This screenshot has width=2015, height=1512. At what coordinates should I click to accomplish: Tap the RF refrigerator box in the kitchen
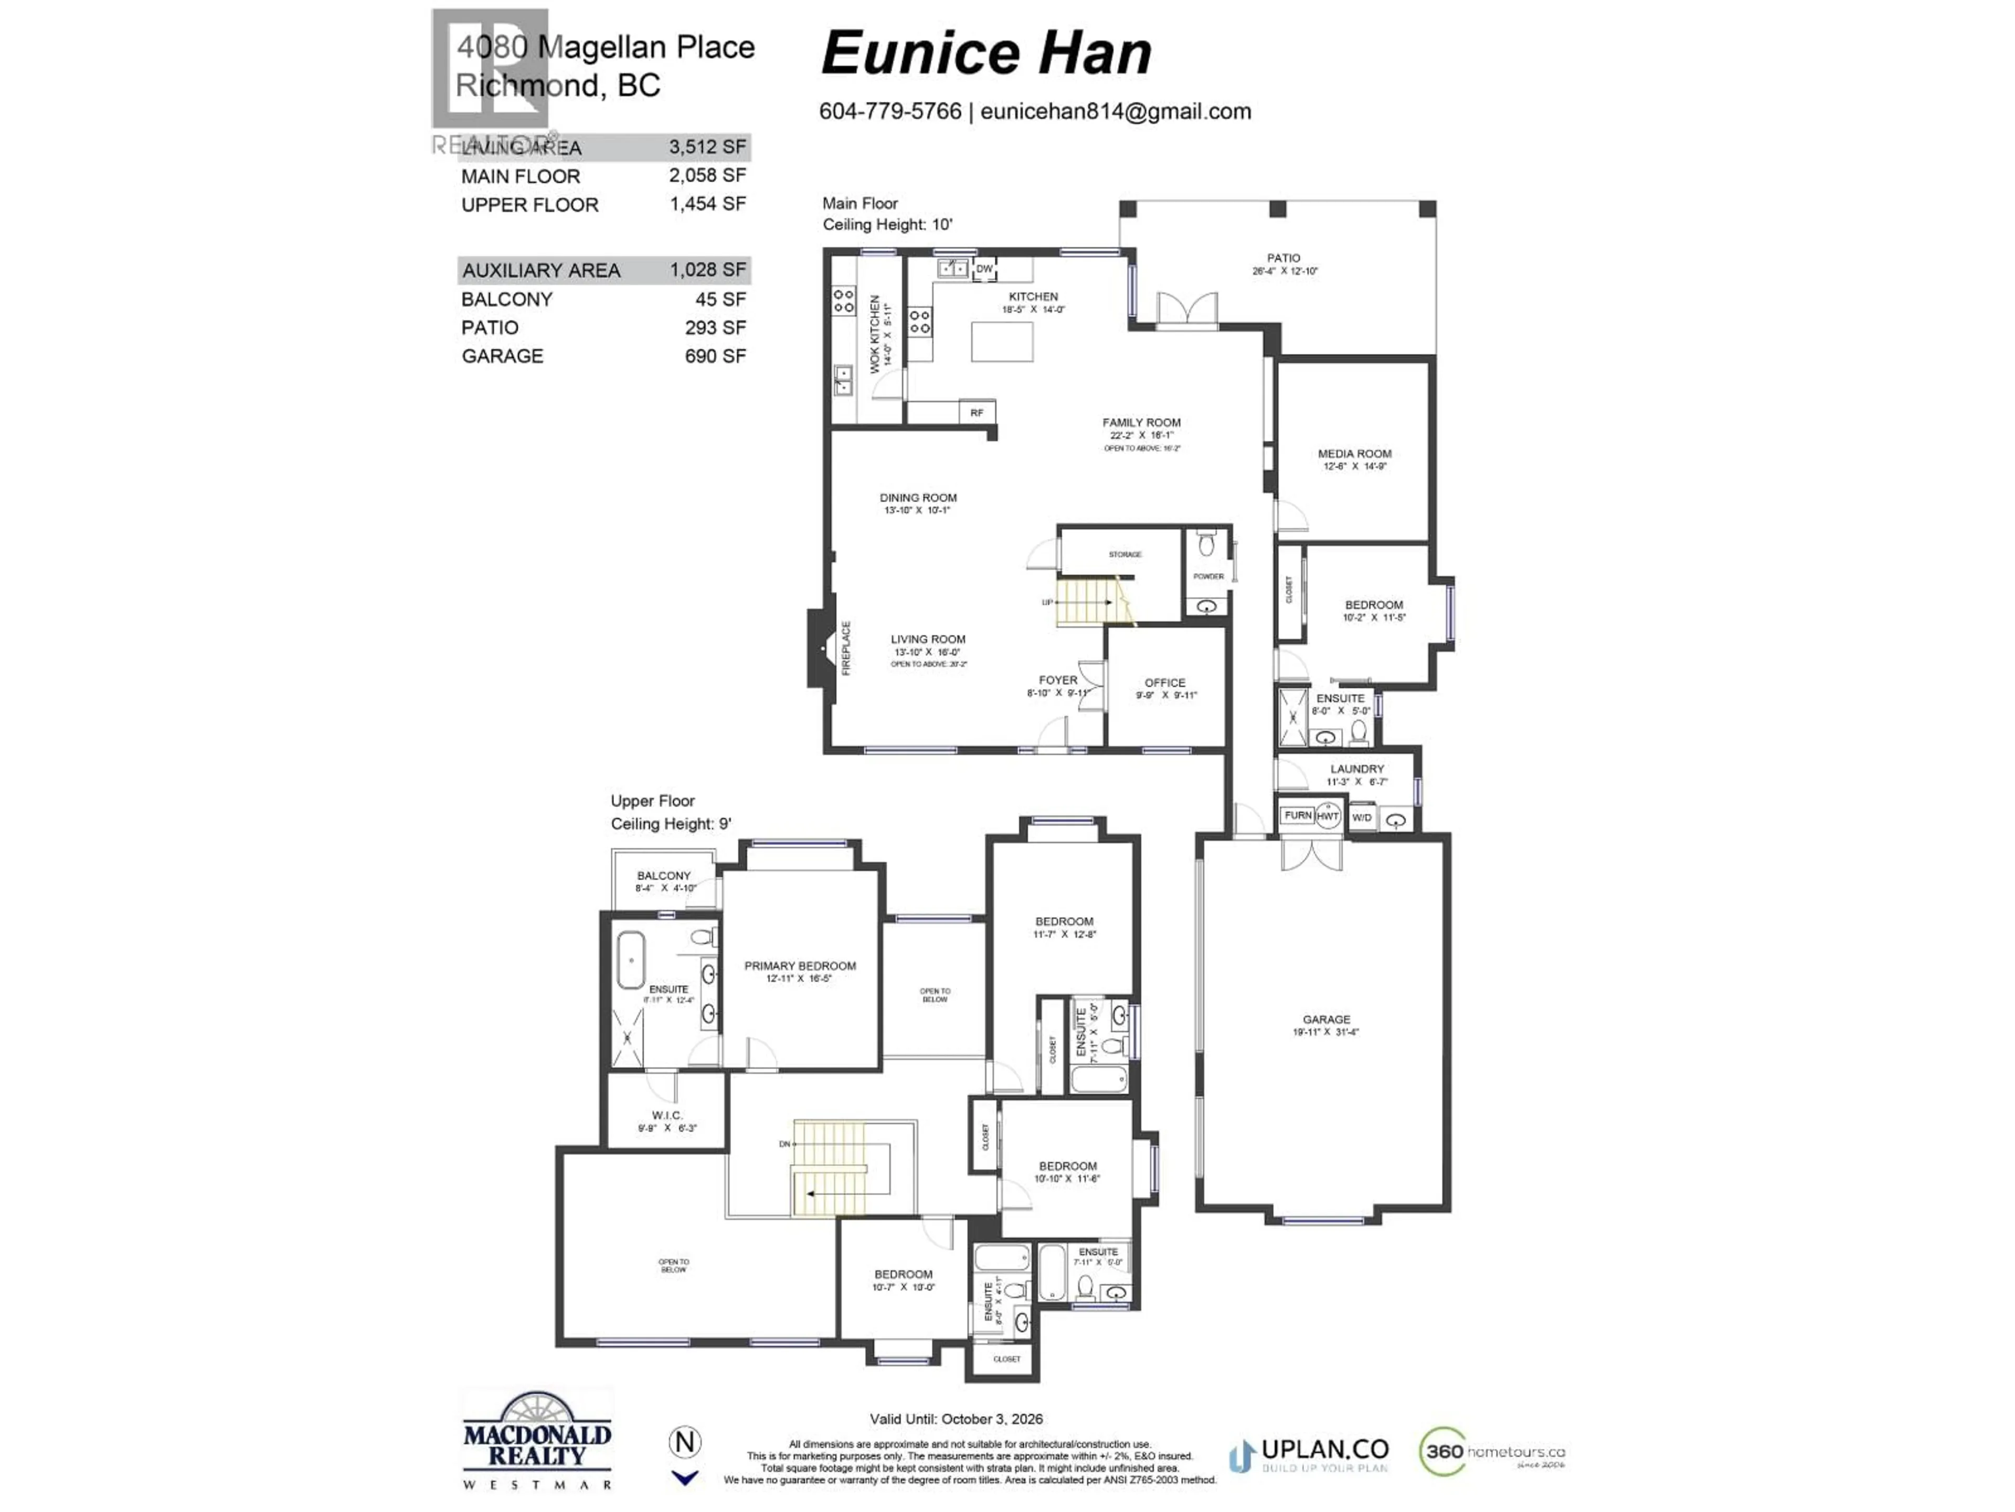pyautogui.click(x=977, y=413)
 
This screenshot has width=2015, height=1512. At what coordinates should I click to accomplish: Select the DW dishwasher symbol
pyautogui.click(x=984, y=269)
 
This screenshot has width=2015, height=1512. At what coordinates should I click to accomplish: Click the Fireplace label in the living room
pyautogui.click(x=845, y=647)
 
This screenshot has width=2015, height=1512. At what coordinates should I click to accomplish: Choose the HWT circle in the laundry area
pyautogui.click(x=1328, y=816)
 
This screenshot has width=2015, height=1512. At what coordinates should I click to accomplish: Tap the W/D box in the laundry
pyautogui.click(x=1361, y=817)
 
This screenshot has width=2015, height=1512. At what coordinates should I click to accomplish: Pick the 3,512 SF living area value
pyautogui.click(x=707, y=146)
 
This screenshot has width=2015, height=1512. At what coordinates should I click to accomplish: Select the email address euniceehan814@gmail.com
pyautogui.click(x=1115, y=111)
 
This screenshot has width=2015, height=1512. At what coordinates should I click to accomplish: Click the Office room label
pyautogui.click(x=1164, y=682)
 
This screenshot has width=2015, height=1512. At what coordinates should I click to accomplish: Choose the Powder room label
pyautogui.click(x=1208, y=576)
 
